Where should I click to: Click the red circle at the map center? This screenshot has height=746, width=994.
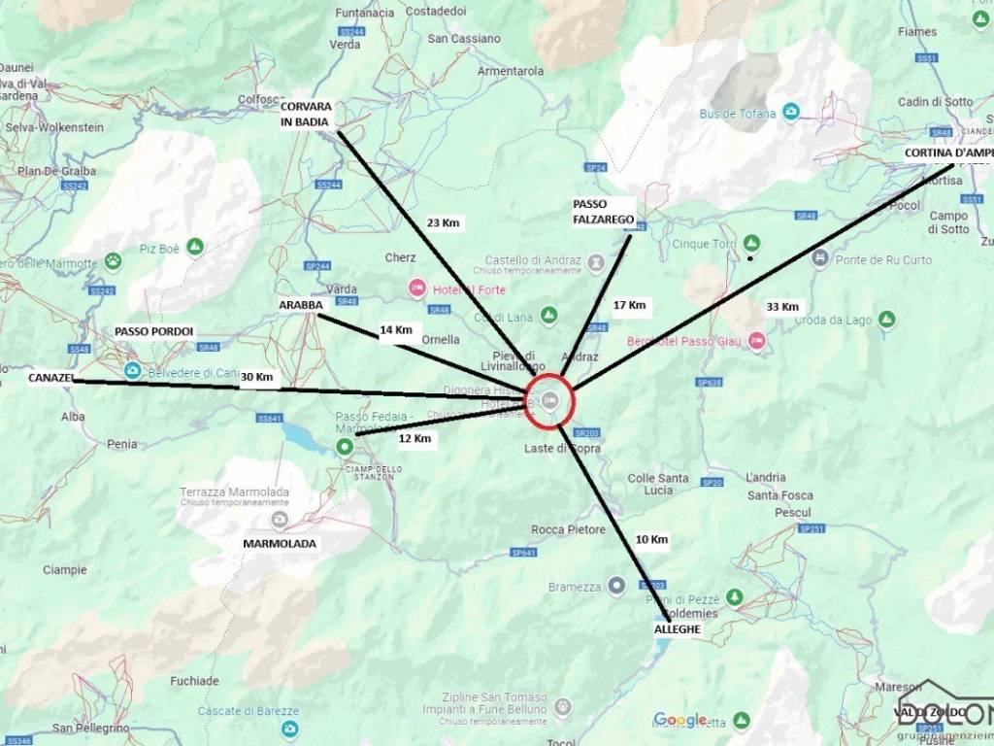pos(550,399)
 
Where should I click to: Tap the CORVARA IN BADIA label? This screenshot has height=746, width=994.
pos(307,114)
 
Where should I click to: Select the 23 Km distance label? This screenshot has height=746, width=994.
pos(443,222)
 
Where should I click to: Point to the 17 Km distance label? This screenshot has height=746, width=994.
pos(630,305)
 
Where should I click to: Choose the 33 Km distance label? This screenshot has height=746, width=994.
pos(782,307)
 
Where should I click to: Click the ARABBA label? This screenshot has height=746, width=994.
pos(300,304)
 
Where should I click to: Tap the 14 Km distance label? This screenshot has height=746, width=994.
pos(396,330)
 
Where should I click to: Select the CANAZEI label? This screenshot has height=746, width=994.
pos(50,377)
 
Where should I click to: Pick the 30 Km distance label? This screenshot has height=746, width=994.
pos(257,377)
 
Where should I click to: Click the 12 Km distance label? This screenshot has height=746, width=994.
pos(414,438)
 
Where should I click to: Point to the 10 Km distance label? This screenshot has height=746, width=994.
pos(651,539)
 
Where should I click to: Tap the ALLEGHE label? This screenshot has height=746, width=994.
pos(677,629)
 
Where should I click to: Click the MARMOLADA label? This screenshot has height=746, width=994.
pos(280,544)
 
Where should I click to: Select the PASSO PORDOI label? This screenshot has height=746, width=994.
pos(154,332)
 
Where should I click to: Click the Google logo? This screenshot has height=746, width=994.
pos(679,720)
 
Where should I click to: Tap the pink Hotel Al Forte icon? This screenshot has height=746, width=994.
pos(417,288)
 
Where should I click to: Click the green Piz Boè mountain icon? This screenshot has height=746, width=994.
pos(196,248)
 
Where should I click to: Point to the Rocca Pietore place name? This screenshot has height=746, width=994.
pos(568,529)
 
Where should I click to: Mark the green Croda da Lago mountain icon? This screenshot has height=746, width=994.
pos(886,319)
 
